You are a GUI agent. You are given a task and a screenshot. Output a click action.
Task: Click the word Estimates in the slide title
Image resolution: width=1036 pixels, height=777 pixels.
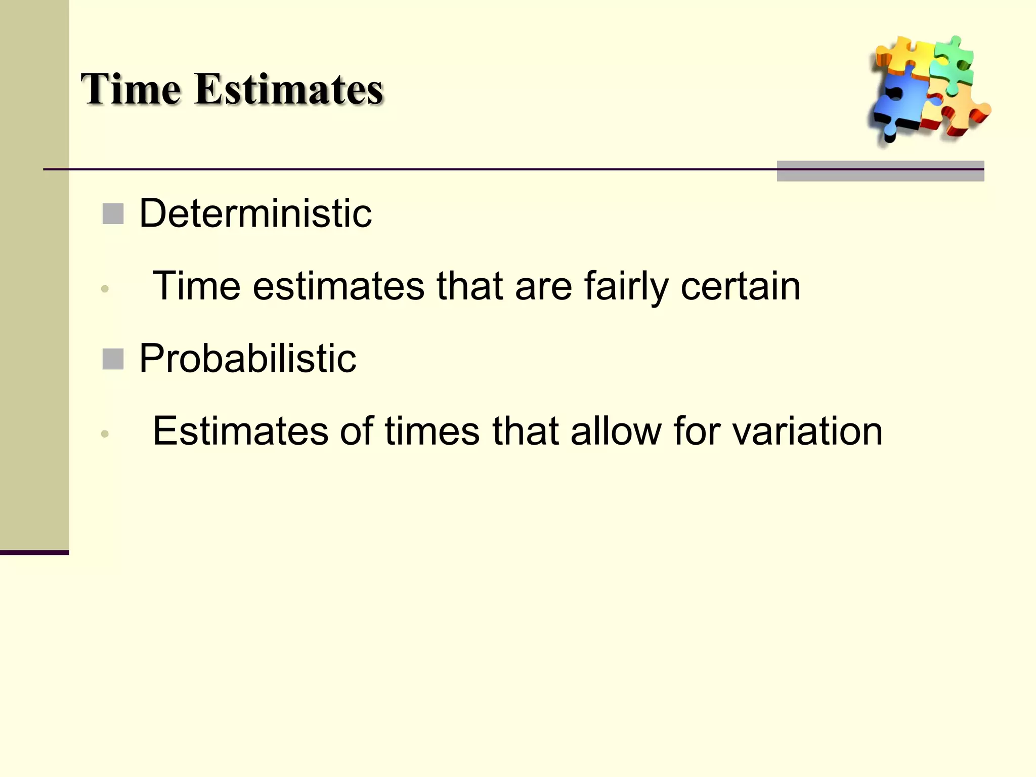pos(288,90)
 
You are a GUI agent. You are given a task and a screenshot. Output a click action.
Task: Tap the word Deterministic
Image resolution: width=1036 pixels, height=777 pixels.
pos(255,214)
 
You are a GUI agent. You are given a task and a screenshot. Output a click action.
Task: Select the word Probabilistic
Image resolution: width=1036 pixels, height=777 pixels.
pos(247,359)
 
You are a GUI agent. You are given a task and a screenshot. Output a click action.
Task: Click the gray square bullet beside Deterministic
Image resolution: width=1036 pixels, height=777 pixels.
pos(113,214)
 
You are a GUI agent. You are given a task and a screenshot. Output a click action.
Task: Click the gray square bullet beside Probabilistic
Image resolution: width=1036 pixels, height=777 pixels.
pos(113,359)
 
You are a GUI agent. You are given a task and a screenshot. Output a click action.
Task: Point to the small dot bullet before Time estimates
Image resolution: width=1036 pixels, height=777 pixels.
pos(105,289)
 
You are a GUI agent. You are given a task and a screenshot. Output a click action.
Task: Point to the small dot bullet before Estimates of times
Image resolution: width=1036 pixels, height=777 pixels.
pos(105,434)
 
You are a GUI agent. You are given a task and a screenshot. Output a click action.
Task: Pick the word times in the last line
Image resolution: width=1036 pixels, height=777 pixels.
pos(432,431)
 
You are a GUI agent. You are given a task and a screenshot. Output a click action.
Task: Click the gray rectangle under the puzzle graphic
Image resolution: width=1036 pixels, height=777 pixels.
pos(880,171)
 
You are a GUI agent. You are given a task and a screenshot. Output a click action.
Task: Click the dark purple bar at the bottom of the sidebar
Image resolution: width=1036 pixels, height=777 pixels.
pos(34,552)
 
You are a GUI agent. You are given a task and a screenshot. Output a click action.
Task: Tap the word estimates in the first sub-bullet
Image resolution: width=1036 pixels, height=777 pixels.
pos(338,286)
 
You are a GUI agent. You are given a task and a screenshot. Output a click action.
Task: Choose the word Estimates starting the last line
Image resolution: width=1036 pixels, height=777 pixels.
pos(240,431)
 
